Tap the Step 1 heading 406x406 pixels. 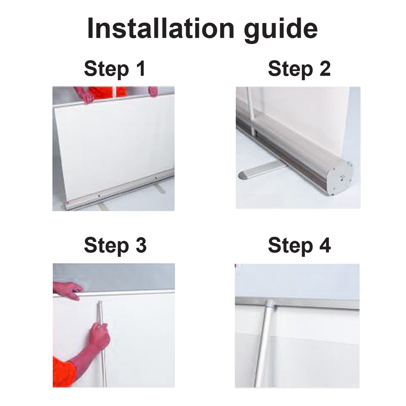tap(115, 69)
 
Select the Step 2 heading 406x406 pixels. tap(299, 69)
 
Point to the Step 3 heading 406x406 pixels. tap(115, 246)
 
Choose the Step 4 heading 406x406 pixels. tap(299, 246)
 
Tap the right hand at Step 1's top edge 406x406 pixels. tap(153, 92)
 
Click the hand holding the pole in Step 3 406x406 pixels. tap(99, 337)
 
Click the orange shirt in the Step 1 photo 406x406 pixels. tap(107, 92)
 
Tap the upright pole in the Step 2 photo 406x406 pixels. tap(251, 112)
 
